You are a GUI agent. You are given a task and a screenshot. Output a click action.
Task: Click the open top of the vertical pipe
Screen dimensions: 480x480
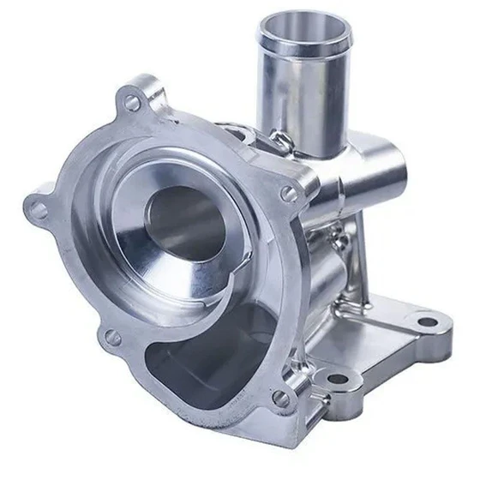pos(303,31)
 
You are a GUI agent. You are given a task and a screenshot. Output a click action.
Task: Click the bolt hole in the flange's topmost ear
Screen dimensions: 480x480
pos(132,102)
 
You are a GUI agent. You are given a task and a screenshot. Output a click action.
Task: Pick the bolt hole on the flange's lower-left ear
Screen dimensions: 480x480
pos(112,337)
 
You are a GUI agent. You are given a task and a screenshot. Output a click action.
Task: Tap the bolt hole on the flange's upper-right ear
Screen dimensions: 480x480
pos(290,194)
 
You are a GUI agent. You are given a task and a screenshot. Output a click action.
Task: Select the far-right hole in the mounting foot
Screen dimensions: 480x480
pos(425,323)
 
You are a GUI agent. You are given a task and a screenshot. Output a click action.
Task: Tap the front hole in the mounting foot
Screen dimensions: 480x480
pos(337,378)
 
